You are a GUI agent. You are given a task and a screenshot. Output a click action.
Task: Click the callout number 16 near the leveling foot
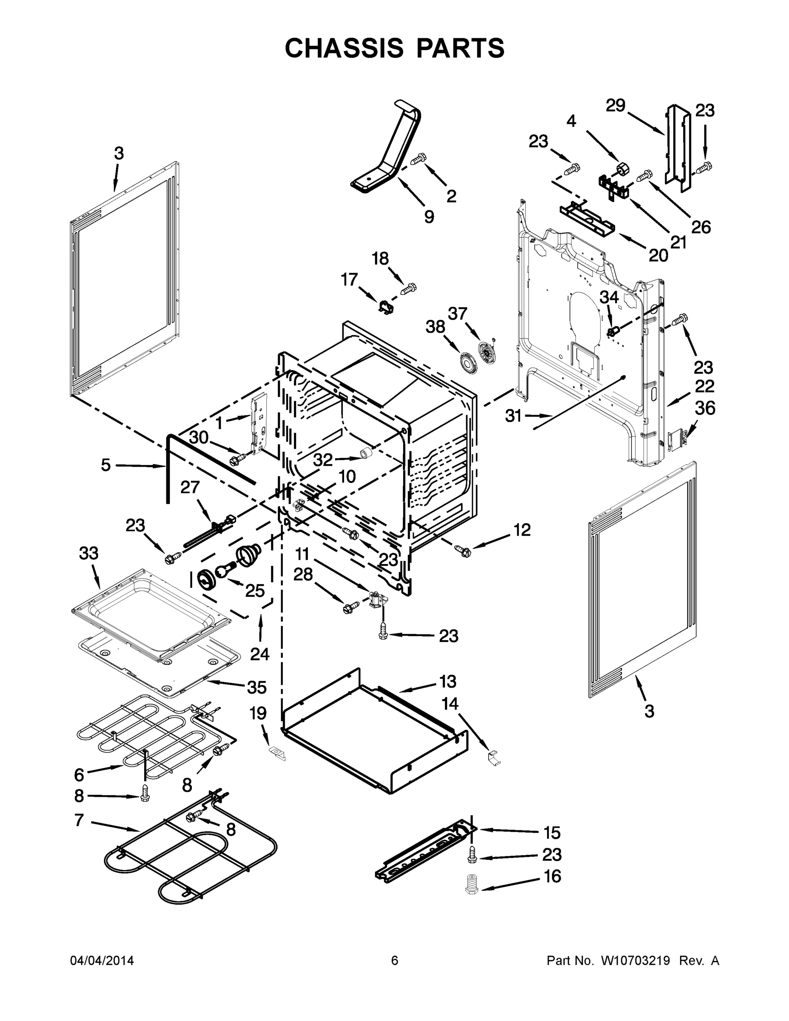553,876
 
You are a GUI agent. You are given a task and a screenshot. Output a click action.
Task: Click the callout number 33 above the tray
89,553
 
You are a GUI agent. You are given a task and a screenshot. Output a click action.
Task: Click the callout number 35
257,687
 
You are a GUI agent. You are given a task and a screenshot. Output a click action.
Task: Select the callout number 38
435,327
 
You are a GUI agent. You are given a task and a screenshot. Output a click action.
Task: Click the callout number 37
458,313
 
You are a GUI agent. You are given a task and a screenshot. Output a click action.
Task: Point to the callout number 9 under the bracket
429,217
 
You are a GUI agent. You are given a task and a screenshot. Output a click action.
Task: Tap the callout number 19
258,713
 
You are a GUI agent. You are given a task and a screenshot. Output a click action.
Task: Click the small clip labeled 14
493,758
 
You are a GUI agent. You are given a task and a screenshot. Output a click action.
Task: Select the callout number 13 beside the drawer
448,681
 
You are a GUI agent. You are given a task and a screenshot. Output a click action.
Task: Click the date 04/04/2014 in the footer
102,960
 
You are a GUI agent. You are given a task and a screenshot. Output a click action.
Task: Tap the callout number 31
513,416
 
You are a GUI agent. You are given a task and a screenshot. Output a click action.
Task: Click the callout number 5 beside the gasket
106,465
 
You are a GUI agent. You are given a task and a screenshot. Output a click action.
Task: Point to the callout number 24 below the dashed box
259,653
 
